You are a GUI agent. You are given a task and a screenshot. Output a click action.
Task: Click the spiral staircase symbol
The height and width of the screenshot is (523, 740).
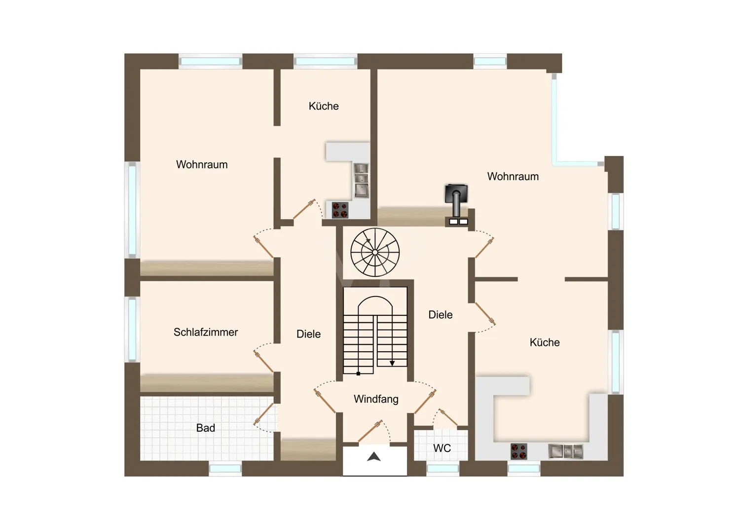(x=375, y=252)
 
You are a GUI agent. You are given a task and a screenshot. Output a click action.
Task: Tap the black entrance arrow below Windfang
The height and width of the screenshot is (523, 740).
(x=374, y=457)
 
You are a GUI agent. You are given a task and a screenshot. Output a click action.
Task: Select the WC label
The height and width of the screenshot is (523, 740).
(x=442, y=448)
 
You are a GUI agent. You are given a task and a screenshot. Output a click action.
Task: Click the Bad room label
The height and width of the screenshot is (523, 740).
(x=206, y=428)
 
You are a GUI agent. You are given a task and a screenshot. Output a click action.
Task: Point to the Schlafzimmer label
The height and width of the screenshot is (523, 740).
(x=206, y=332)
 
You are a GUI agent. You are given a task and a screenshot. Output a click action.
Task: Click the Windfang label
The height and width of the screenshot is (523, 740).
(x=376, y=399)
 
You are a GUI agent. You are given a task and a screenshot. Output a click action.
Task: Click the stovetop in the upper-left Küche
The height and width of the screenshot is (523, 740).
(x=340, y=210)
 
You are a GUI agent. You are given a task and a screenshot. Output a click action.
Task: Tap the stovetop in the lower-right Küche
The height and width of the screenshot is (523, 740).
(x=518, y=451)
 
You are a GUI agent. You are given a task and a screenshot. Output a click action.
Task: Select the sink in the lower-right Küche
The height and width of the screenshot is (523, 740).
(x=565, y=451)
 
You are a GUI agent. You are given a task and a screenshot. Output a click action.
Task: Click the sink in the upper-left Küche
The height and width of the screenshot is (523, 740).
(x=362, y=181)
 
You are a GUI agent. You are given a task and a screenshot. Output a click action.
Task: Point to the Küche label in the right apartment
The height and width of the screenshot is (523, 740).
(x=545, y=342)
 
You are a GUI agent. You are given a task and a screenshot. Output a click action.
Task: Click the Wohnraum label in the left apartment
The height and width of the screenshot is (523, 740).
(x=202, y=164)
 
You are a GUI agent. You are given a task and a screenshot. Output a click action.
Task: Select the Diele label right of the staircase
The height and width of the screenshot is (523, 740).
(x=441, y=314)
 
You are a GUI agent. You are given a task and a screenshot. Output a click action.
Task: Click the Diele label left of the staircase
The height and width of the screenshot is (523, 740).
(x=308, y=334)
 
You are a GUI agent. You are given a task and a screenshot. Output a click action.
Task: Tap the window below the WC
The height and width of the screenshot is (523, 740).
(x=443, y=469)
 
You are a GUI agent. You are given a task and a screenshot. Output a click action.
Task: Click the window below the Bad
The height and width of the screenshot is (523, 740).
(x=225, y=469)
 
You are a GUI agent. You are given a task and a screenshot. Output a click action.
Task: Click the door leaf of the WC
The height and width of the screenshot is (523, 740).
(x=448, y=417)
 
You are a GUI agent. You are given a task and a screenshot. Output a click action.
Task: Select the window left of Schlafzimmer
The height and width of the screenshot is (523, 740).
(x=132, y=330)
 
